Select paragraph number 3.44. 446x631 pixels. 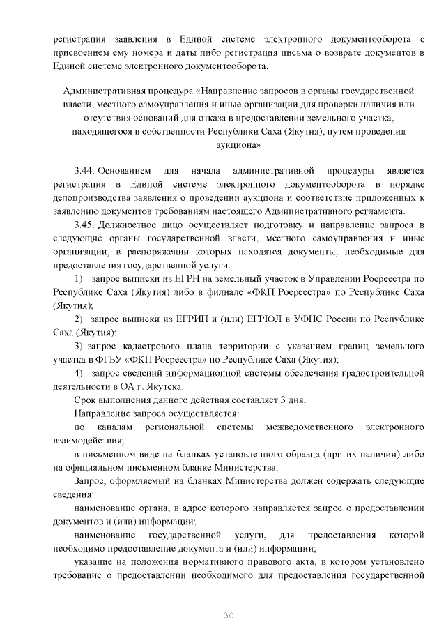[85, 171]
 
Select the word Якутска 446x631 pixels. [164, 386]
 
